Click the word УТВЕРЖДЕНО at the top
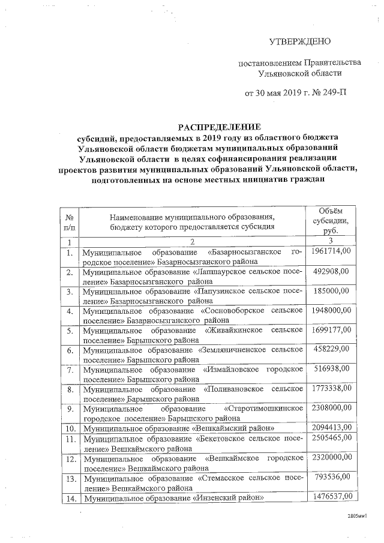pyautogui.click(x=299, y=41)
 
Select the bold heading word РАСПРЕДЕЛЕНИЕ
pyautogui.click(x=220, y=127)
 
